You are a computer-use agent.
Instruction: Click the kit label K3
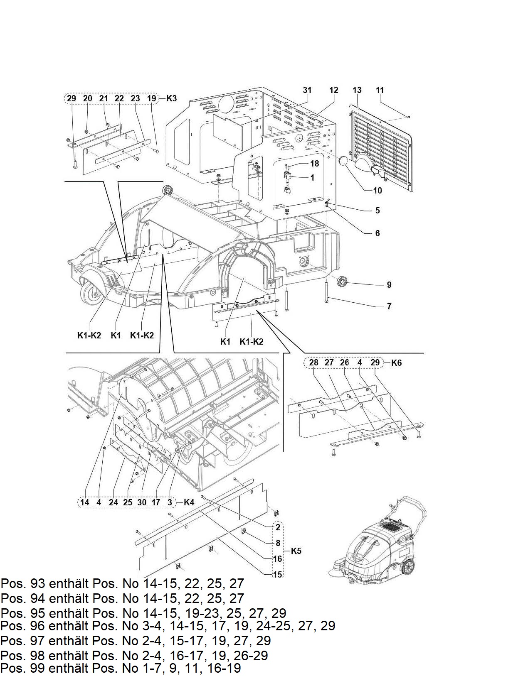click(x=171, y=98)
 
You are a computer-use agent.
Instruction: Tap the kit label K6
click(x=396, y=363)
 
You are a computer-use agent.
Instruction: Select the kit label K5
click(x=296, y=551)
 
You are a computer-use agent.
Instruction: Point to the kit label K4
click(x=189, y=502)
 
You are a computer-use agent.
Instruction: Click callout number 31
click(x=307, y=90)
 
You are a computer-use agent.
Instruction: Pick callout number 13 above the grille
click(x=357, y=90)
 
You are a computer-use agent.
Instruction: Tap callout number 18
click(x=315, y=163)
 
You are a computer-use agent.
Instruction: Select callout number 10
click(x=377, y=191)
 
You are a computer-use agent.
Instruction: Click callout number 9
click(x=389, y=285)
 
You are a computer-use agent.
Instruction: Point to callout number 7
click(x=389, y=306)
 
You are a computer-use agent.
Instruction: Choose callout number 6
click(x=377, y=233)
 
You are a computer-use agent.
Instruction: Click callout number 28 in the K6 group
click(x=314, y=362)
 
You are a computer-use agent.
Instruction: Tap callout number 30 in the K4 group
click(x=142, y=502)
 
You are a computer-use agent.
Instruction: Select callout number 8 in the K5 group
click(x=278, y=543)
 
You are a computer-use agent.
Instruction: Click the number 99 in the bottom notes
click(x=38, y=668)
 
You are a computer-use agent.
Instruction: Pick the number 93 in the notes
click(x=38, y=583)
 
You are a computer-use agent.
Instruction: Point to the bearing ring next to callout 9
click(x=343, y=282)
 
